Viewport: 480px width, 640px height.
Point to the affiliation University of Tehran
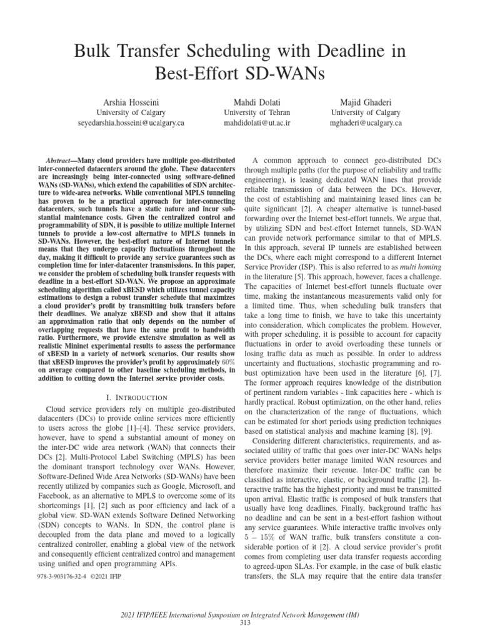248,112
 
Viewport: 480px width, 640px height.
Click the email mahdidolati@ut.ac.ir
248,123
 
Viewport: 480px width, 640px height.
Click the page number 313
240,622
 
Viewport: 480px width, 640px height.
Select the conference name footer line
240,616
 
